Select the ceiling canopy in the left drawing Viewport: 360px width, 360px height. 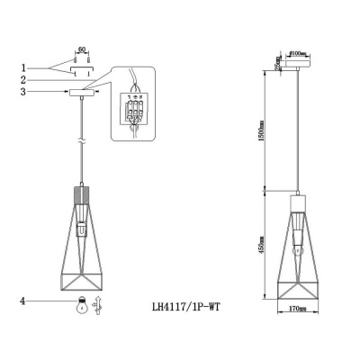tap(82, 92)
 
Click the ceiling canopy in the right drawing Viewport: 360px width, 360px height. tap(297, 64)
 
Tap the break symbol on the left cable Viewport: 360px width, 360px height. tap(82, 142)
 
